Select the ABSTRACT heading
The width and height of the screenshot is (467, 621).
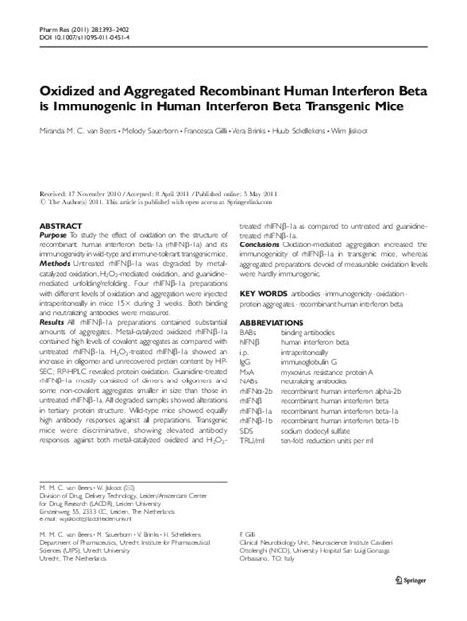pyautogui.click(x=61, y=225)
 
